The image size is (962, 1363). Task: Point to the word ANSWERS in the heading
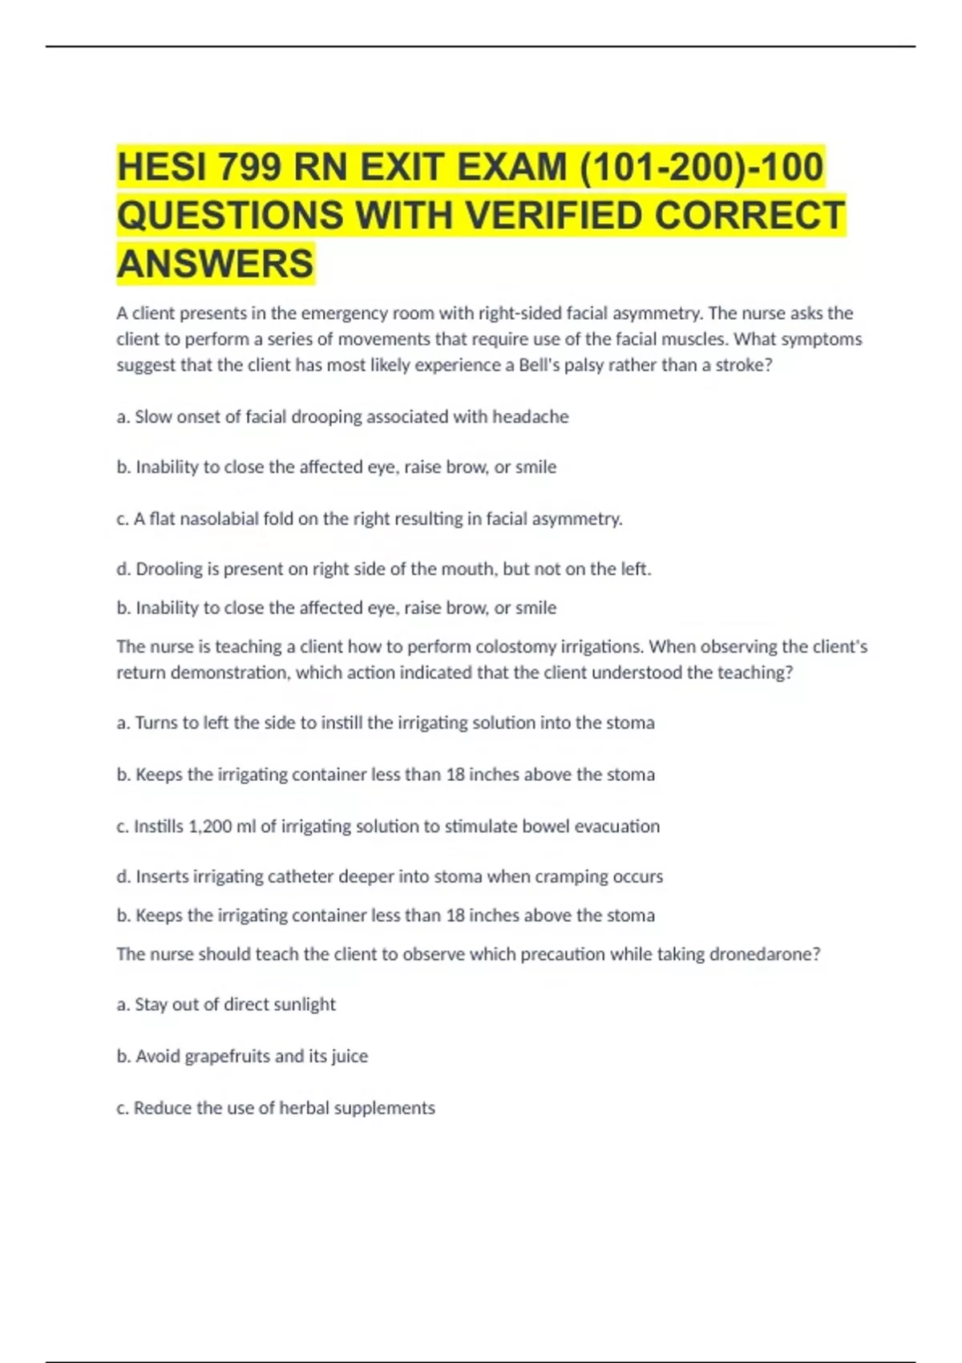pyautogui.click(x=216, y=264)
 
